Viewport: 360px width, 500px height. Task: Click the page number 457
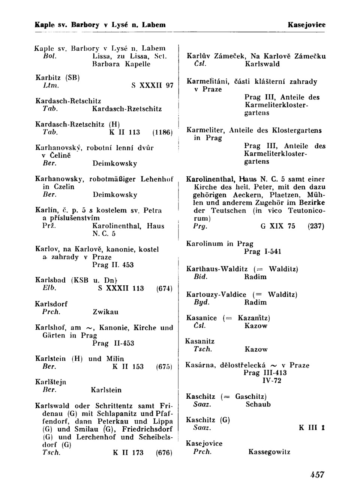[317, 474]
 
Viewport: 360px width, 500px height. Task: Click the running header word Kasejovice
[306, 25]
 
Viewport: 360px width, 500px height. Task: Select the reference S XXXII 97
[152, 86]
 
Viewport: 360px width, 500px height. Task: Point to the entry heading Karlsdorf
[51, 304]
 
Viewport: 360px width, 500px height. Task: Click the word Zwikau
[105, 312]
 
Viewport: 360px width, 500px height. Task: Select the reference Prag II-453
[113, 343]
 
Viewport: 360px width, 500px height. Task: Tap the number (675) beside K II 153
[164, 367]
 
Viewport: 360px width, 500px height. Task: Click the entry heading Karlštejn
[51, 382]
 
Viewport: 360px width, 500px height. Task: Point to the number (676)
[164, 453]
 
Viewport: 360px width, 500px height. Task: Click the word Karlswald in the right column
[262, 64]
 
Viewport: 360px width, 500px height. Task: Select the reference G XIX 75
[277, 226]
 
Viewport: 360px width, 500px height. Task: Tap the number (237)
[316, 226]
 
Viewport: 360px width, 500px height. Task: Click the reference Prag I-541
[262, 252]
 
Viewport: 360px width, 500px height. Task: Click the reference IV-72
[271, 381]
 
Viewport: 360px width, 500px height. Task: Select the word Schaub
[258, 404]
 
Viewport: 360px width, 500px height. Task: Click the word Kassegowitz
[269, 452]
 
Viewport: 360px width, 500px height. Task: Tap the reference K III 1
[311, 428]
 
